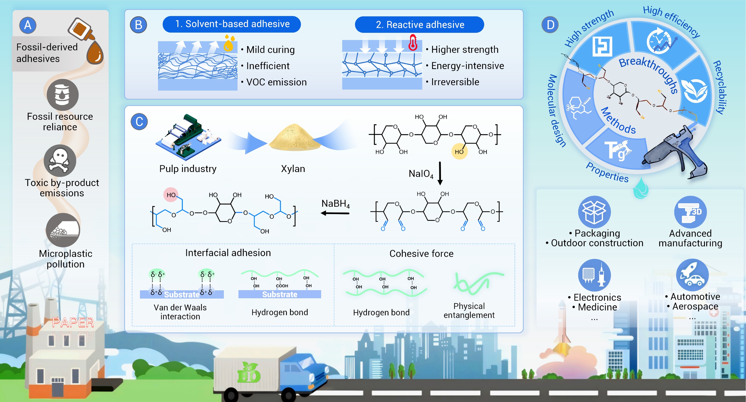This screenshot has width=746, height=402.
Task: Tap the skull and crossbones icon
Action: tap(60, 161)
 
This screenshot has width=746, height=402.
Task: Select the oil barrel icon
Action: tap(62, 94)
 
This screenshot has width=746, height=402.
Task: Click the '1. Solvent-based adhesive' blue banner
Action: tap(232, 24)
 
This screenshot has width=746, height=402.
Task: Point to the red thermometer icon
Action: tap(413, 42)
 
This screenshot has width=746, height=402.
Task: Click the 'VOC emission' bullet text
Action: tap(276, 82)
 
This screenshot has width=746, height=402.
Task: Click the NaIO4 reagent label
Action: tap(421, 174)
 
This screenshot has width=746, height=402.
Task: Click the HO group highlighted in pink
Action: tap(171, 195)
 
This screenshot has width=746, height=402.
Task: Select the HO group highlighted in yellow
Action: tap(459, 151)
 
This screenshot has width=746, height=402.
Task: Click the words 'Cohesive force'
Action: tap(421, 254)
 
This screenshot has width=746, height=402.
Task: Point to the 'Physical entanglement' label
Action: tap(469, 310)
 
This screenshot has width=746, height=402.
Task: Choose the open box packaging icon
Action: tap(594, 212)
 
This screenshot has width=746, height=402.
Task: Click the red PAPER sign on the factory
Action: tap(73, 322)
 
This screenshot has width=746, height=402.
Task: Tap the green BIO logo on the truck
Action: tap(249, 373)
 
